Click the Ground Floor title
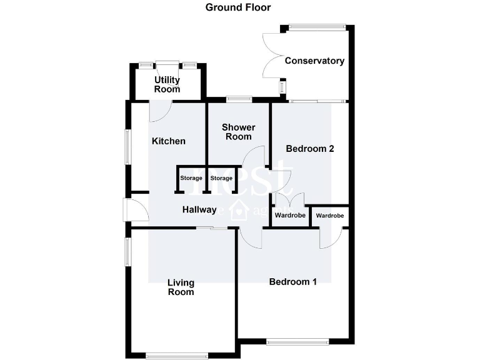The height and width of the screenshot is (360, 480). (x=238, y=7)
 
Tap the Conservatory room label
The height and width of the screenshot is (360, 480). (x=314, y=61)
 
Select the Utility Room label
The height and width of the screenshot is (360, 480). (x=167, y=84)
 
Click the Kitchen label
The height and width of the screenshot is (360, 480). (x=169, y=141)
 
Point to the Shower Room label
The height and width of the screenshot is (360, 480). (x=237, y=132)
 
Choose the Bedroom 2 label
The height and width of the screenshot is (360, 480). (x=310, y=149)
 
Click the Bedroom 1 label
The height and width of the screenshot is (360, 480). (x=292, y=281)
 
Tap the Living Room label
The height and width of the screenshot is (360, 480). (x=181, y=287)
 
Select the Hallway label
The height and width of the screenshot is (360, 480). (x=199, y=209)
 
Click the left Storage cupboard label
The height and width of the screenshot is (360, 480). (x=191, y=179)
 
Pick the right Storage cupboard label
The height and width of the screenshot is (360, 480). (x=221, y=179)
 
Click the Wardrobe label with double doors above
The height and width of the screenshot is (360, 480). (x=290, y=216)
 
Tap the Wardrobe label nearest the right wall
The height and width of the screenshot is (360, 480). (x=329, y=216)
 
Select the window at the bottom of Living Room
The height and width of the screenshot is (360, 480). (x=177, y=356)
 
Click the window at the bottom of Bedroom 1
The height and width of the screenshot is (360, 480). (x=297, y=342)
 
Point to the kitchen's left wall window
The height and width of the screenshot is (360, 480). (x=128, y=147)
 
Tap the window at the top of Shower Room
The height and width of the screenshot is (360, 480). (x=239, y=98)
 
